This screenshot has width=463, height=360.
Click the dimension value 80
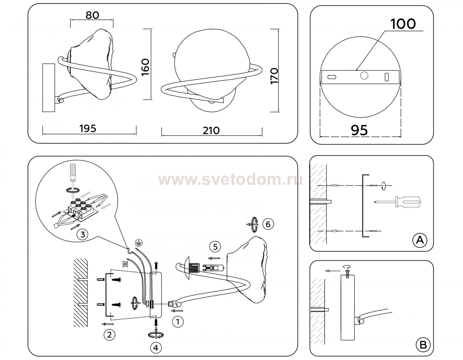92,15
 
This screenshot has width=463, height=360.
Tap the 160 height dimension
145,67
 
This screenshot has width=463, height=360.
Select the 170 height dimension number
274,76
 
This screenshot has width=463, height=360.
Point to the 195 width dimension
88,129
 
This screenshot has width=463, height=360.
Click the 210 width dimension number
211,130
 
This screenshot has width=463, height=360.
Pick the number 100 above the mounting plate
403,24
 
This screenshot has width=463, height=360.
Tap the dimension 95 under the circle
359,130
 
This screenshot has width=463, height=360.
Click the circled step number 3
83,235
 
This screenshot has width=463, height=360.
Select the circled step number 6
268,224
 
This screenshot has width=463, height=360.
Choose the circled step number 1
178,322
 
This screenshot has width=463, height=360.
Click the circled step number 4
156,348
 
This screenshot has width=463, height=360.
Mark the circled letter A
420,240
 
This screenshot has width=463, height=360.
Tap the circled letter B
423,345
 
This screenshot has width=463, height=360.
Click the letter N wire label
125,264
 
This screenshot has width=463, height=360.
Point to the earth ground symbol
139,242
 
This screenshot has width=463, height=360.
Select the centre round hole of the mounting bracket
364,75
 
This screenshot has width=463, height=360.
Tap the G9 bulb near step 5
213,267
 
